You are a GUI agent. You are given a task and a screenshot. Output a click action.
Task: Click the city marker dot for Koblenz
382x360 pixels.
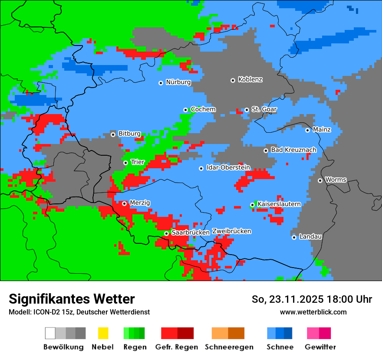tap(233, 80)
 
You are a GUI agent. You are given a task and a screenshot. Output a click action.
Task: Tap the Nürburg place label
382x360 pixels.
tap(178, 82)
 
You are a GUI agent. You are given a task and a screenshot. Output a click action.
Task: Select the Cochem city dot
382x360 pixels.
tap(185, 110)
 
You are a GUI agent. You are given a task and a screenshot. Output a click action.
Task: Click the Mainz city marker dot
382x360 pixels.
tap(307, 130)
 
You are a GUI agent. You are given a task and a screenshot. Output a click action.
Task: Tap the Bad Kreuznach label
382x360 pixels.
tap(293, 150)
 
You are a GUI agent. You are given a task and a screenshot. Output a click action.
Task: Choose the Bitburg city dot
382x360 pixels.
tap(113, 134)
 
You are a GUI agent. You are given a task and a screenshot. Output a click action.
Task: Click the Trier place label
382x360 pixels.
tap(138, 162)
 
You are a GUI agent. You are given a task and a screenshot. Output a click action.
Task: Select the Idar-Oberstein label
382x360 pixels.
tap(228, 167)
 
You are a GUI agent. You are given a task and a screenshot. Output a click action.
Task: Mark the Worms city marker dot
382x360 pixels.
tap(320, 180)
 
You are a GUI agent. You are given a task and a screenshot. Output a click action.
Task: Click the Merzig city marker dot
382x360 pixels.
tap(124, 203)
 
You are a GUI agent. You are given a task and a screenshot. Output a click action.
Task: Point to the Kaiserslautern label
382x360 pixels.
tap(279, 204)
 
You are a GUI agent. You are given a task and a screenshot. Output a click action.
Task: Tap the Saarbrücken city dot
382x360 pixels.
tap(166, 233)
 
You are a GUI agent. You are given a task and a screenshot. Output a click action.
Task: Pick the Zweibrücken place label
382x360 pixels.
tap(231, 231)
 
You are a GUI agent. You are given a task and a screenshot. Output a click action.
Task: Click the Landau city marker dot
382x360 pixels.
tap(294, 237)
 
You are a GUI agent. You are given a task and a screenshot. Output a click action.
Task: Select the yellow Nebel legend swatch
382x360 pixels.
tap(103, 333)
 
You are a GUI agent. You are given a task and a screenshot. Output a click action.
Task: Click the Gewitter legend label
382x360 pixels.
tap(320, 347)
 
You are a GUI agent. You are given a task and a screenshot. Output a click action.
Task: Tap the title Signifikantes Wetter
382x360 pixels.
tap(72, 299)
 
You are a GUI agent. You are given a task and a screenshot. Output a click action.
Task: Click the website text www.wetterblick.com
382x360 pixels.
tap(313, 312)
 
